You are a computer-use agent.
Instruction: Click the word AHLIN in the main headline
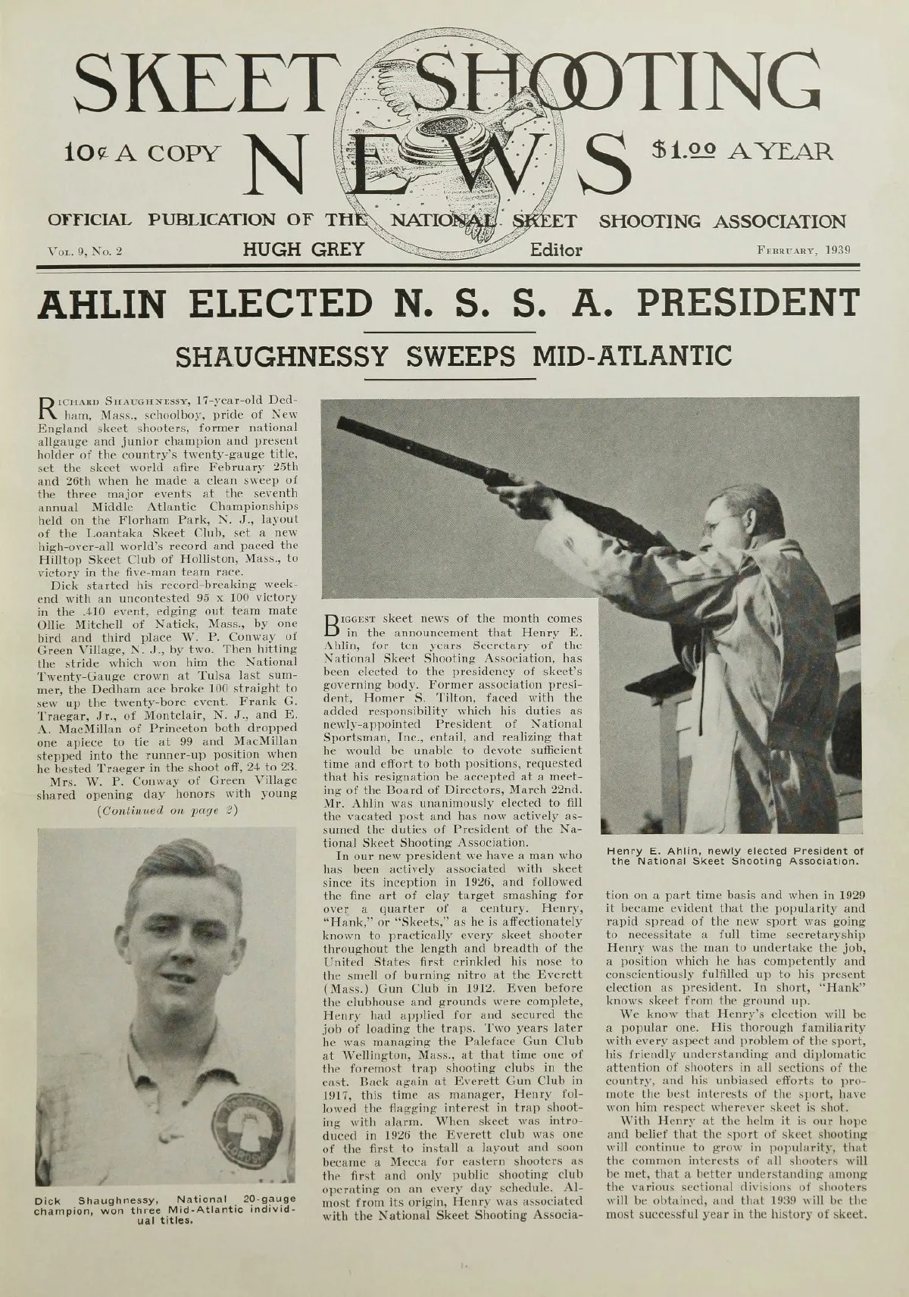(x=110, y=304)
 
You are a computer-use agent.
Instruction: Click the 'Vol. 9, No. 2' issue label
(x=86, y=251)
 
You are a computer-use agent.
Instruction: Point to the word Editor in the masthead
(x=556, y=249)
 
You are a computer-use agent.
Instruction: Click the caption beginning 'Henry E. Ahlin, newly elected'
(x=736, y=855)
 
